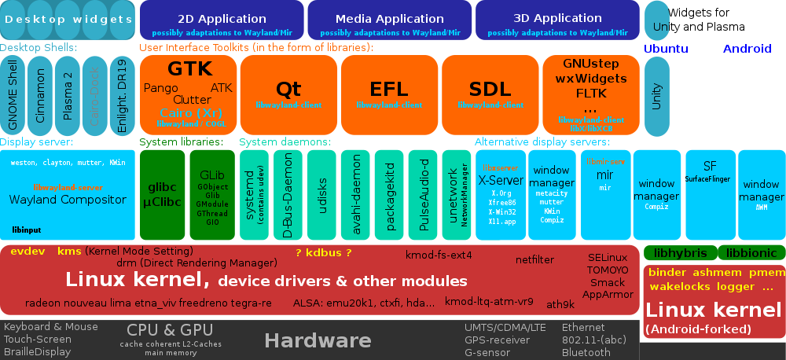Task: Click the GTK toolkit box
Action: pyautogui.click(x=188, y=94)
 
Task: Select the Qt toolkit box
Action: pyautogui.click(x=288, y=94)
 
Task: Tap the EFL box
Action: pyautogui.click(x=389, y=94)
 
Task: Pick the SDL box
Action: pyautogui.click(x=490, y=94)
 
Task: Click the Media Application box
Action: pyautogui.click(x=390, y=20)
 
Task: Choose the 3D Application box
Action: pyautogui.click(x=557, y=20)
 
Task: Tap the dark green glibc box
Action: pyautogui.click(x=162, y=195)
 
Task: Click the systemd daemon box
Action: pyautogui.click(x=254, y=195)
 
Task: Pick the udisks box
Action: pyautogui.click(x=321, y=195)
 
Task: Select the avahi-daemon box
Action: pyautogui.click(x=355, y=195)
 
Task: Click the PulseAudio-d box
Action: pyautogui.click(x=423, y=195)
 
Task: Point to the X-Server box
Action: pyautogui.click(x=501, y=195)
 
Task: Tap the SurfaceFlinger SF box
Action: pyautogui.click(x=710, y=177)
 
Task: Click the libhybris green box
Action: pyautogui.click(x=680, y=253)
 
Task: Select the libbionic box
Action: pyautogui.click(x=751, y=253)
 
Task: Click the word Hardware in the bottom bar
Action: pyautogui.click(x=318, y=340)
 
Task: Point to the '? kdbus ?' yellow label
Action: pyautogui.click(x=323, y=252)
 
